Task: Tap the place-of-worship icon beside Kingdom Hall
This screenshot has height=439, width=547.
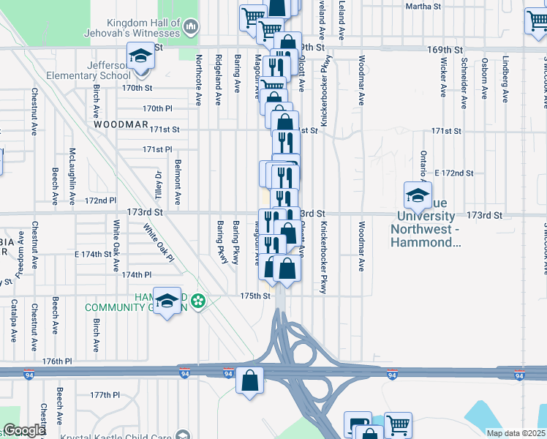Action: point(191,27)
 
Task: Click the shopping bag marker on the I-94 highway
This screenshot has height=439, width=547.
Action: point(250,380)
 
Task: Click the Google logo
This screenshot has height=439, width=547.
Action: point(24,430)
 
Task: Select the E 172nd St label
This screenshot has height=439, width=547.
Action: point(454,173)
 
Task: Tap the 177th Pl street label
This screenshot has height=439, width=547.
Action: point(105,394)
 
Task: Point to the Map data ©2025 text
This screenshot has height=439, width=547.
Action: point(515,433)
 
